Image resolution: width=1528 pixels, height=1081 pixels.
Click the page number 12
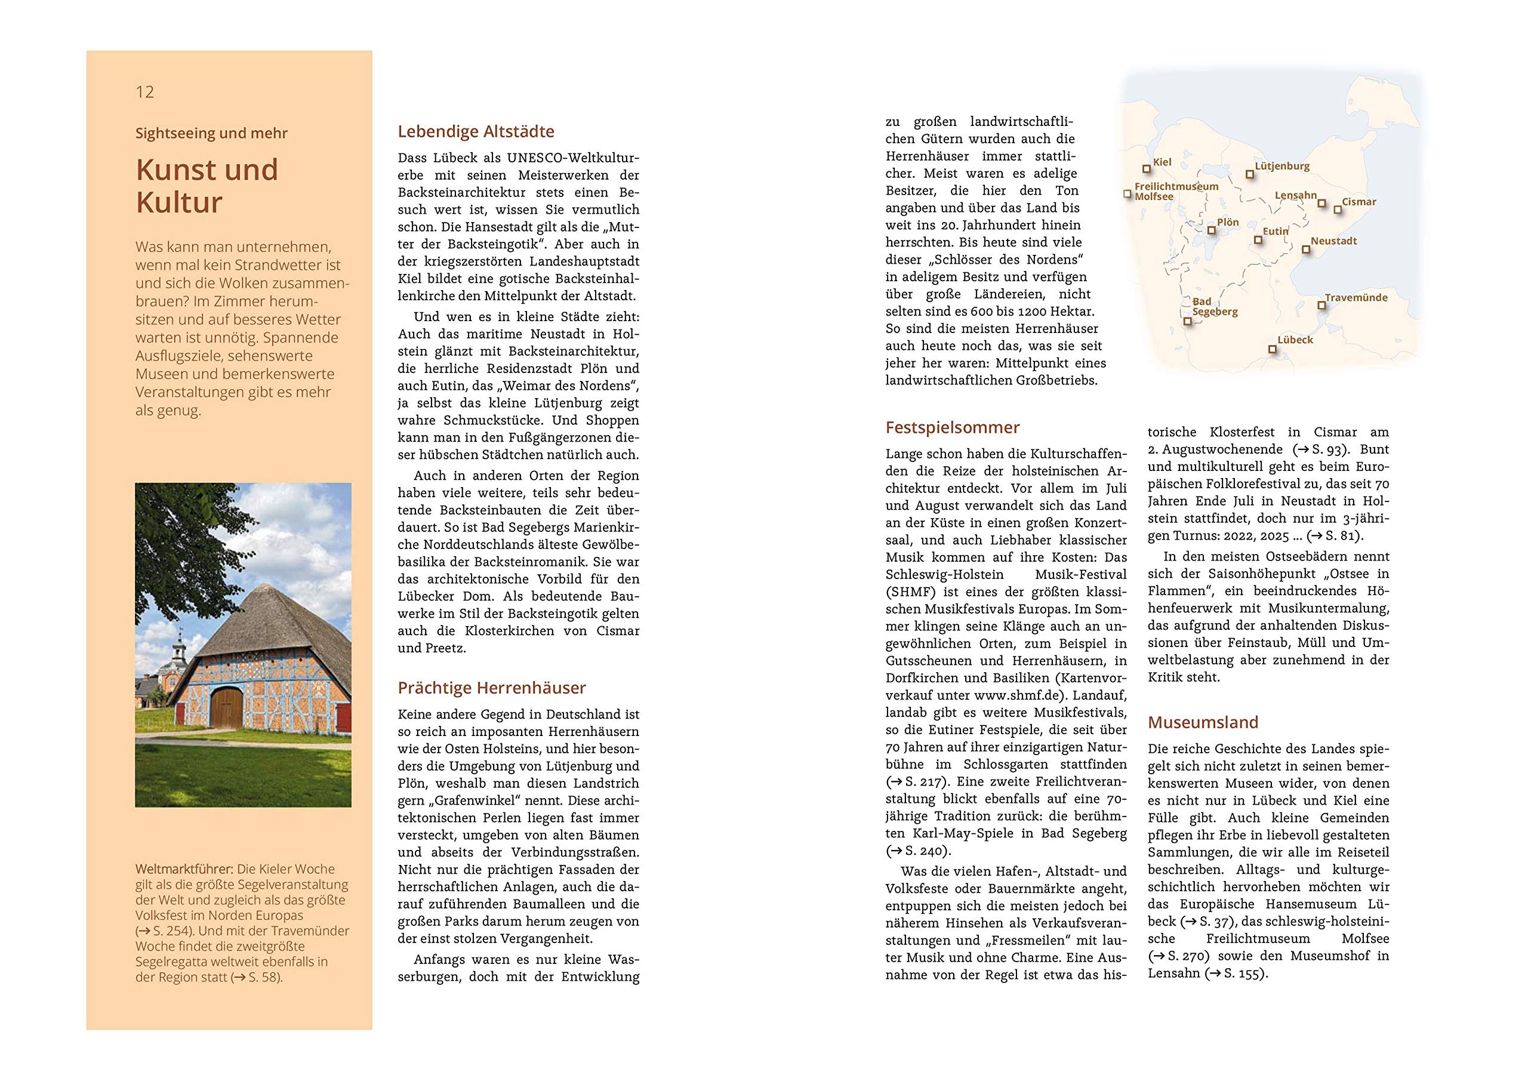144,92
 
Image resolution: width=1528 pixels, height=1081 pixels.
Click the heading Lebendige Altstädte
476,131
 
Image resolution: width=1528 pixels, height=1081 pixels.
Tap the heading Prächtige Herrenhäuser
492,688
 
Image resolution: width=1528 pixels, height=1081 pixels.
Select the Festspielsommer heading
953,427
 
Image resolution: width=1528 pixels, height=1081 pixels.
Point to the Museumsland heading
1203,722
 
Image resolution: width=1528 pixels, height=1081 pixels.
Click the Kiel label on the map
1162,162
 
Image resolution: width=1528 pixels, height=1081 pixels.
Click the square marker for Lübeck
1273,349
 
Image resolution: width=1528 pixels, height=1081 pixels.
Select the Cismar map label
1358,202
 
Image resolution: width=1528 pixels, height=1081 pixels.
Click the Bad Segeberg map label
1215,307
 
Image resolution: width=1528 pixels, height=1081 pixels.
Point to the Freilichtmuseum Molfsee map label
1176,192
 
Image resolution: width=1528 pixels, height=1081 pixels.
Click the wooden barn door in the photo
226,709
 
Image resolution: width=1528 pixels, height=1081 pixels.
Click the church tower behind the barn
178,649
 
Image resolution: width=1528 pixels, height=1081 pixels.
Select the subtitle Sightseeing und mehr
211,133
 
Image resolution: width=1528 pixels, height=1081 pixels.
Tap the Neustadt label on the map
1333,241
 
